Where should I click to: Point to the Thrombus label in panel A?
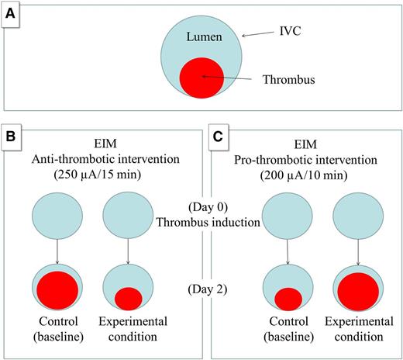(x=294, y=78)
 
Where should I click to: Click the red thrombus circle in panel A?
(x=201, y=78)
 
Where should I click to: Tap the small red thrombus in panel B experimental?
(x=128, y=297)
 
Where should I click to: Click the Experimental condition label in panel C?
(x=356, y=330)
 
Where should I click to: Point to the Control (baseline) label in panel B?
(x=58, y=330)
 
